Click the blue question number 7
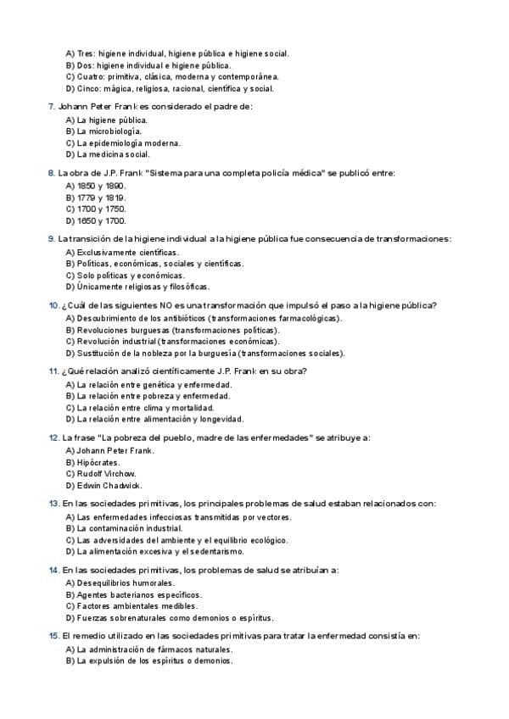click(x=53, y=107)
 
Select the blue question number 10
click(x=53, y=305)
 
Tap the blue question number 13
click(x=53, y=504)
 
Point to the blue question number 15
click(x=53, y=636)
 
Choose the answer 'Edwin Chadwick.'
click(x=109, y=486)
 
